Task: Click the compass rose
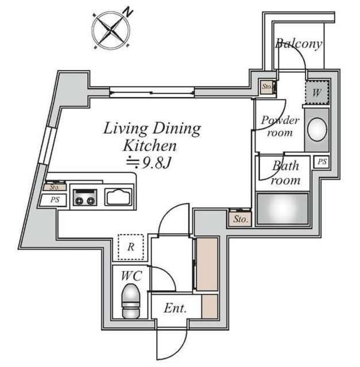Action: click(x=111, y=30)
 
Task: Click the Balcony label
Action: click(x=299, y=44)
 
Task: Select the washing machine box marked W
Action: click(x=316, y=92)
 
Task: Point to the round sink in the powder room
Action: click(x=317, y=130)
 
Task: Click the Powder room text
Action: click(x=280, y=126)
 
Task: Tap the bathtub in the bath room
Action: click(x=282, y=209)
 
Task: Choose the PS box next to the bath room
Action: click(x=322, y=162)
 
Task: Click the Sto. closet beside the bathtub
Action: click(x=240, y=219)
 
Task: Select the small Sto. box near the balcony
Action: click(x=268, y=87)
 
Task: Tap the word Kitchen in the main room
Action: click(x=149, y=146)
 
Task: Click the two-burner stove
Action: click(x=85, y=197)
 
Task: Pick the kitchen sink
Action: click(x=118, y=197)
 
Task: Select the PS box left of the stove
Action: click(x=55, y=200)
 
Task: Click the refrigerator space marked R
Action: click(x=131, y=247)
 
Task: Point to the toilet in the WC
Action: click(x=131, y=300)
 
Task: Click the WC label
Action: click(x=131, y=276)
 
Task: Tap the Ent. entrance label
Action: click(x=175, y=309)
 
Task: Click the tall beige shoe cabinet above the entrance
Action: click(x=207, y=264)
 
